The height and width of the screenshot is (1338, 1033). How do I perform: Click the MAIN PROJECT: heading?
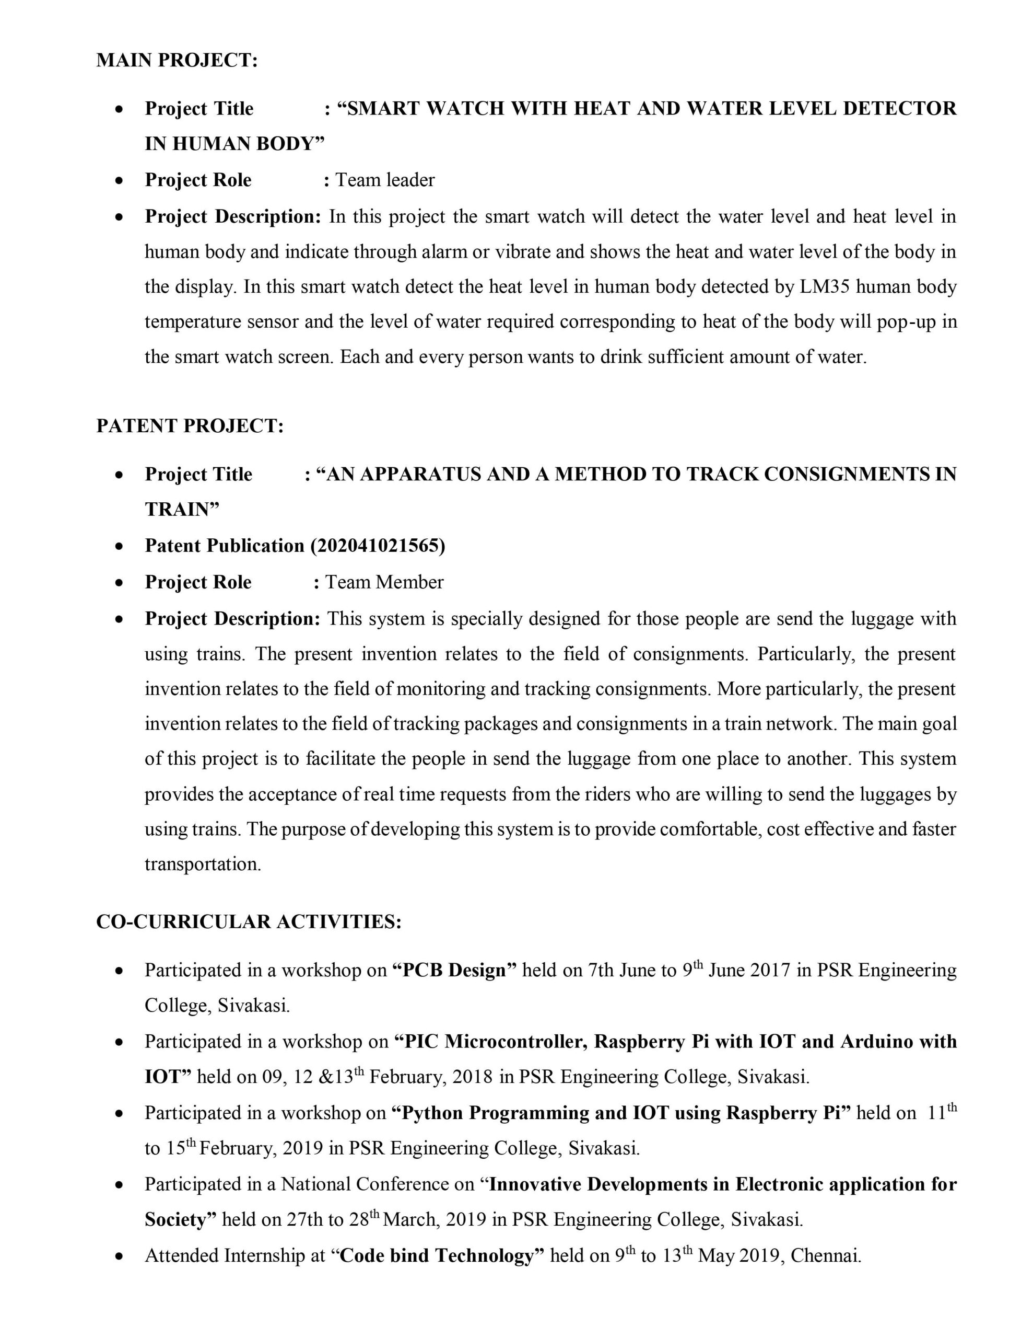[x=177, y=60]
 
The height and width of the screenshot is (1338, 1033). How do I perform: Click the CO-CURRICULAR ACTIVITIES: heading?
[x=249, y=921]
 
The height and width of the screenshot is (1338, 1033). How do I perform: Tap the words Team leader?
[x=384, y=180]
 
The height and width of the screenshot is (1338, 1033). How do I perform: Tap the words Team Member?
[x=384, y=582]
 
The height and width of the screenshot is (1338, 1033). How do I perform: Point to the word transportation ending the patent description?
[x=203, y=864]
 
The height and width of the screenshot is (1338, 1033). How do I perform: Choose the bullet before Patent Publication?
[x=120, y=546]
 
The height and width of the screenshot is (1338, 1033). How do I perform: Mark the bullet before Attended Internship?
[x=120, y=1256]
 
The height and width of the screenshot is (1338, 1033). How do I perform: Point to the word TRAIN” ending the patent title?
[x=182, y=510]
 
